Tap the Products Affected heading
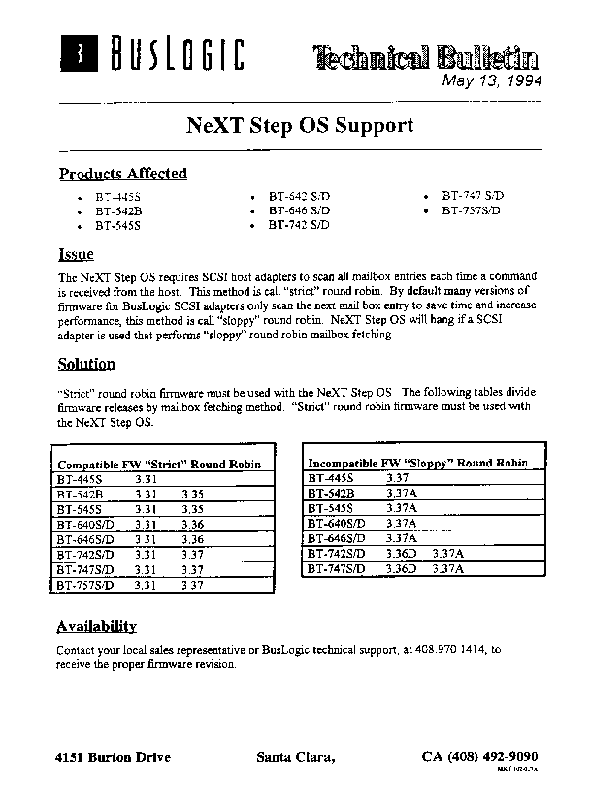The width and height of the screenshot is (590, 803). click(x=123, y=175)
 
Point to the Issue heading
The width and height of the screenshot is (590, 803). click(x=77, y=255)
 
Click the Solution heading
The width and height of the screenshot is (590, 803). click(x=86, y=365)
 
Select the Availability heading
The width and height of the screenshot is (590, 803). click(x=96, y=626)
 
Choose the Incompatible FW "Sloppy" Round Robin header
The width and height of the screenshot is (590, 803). click(x=417, y=464)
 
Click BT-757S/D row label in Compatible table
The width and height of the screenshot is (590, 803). click(x=85, y=586)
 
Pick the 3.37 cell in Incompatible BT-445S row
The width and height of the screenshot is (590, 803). click(x=398, y=478)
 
